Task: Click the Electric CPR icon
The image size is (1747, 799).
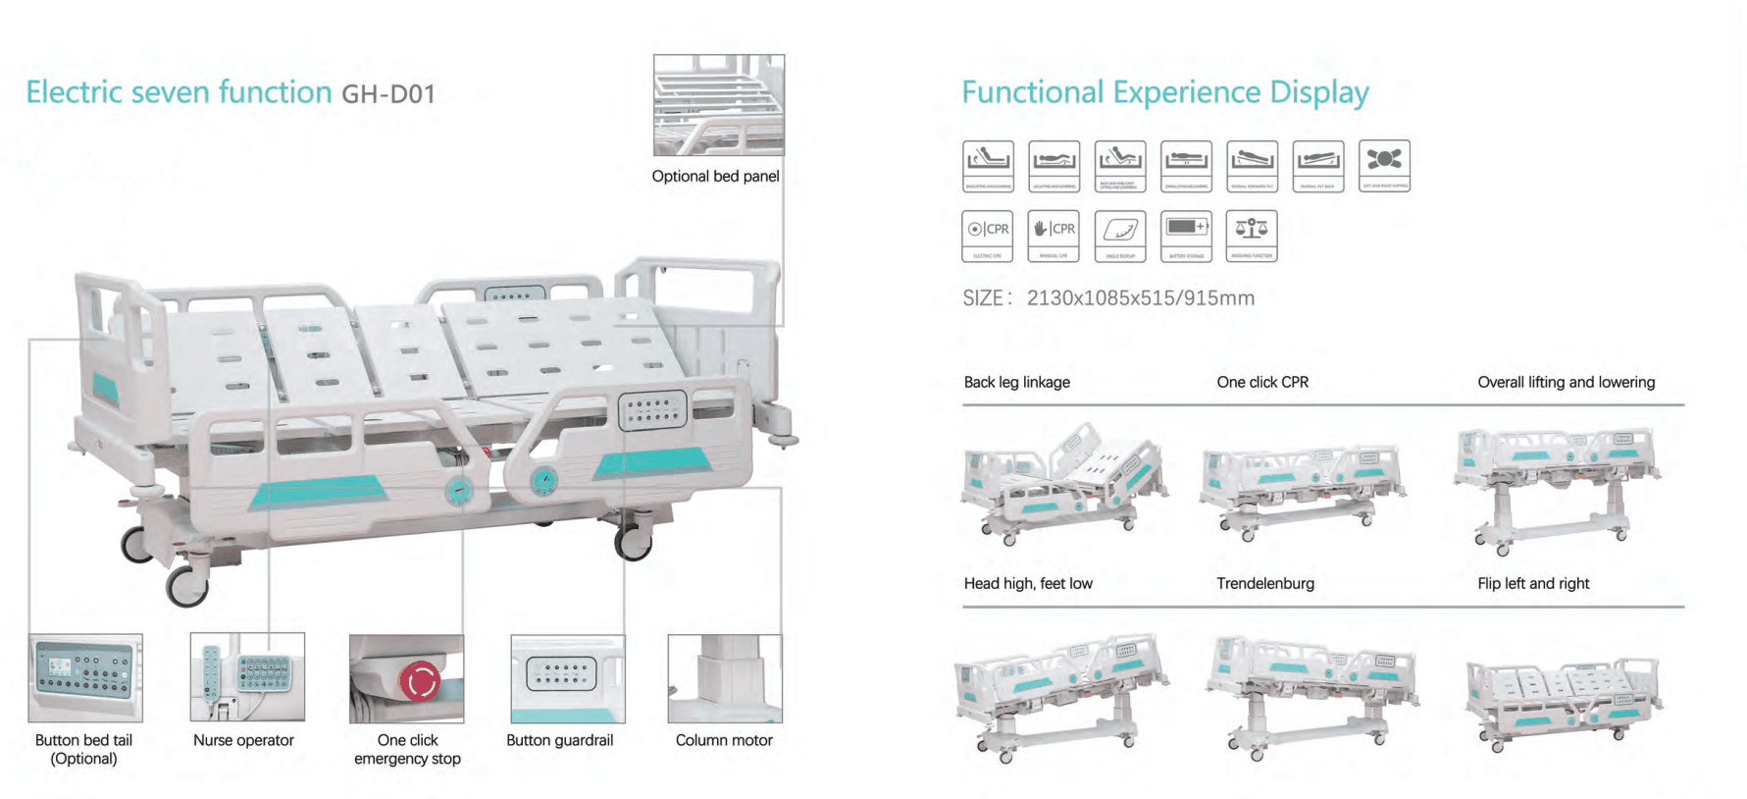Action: coord(988,236)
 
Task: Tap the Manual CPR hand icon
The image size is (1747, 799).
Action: coord(1053,236)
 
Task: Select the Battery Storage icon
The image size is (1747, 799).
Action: coord(1186,236)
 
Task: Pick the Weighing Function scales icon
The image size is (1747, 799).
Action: coord(1252,236)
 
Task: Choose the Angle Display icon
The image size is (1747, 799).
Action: coord(1120,236)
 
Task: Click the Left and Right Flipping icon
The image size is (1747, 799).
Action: coord(1384,165)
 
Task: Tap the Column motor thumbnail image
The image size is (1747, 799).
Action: coord(724,678)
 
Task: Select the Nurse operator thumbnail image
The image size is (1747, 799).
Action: coord(247,677)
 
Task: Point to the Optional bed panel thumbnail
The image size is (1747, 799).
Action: coord(719,105)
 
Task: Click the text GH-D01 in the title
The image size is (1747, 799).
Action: coord(387,94)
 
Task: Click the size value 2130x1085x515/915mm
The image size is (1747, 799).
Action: coord(1140,298)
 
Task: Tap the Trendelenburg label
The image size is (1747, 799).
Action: coord(1265,583)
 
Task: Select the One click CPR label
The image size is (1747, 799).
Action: coord(1262,382)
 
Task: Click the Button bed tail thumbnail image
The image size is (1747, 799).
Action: coord(85,677)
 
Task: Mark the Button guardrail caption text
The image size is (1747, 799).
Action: coord(559,740)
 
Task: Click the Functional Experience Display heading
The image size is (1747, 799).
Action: coord(1164,92)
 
